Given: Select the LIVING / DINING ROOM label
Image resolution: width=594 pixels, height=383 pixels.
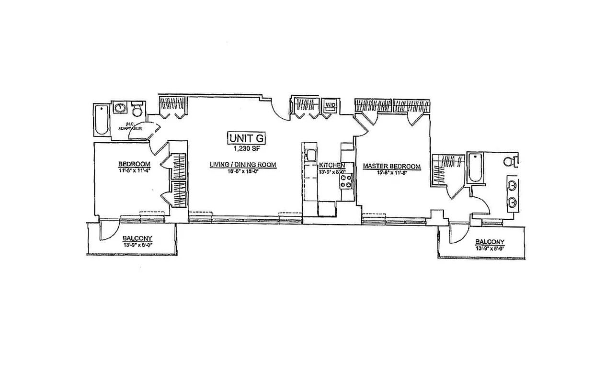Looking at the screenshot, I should (x=243, y=165).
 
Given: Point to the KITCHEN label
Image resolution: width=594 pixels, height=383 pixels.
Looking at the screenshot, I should (x=332, y=165).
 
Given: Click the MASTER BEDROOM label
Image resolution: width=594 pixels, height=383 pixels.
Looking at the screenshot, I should (x=391, y=167).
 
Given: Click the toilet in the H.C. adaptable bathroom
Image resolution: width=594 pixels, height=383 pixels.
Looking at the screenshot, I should (x=137, y=110).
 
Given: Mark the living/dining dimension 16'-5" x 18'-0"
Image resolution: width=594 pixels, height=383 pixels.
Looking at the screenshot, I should (x=243, y=171).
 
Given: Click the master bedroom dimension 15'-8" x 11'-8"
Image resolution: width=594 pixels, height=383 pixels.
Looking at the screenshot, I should (x=391, y=172).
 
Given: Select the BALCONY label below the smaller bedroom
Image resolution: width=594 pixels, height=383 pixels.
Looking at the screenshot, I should (x=137, y=238).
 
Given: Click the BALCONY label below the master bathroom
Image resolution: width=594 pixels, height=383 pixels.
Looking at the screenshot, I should (x=490, y=242).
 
